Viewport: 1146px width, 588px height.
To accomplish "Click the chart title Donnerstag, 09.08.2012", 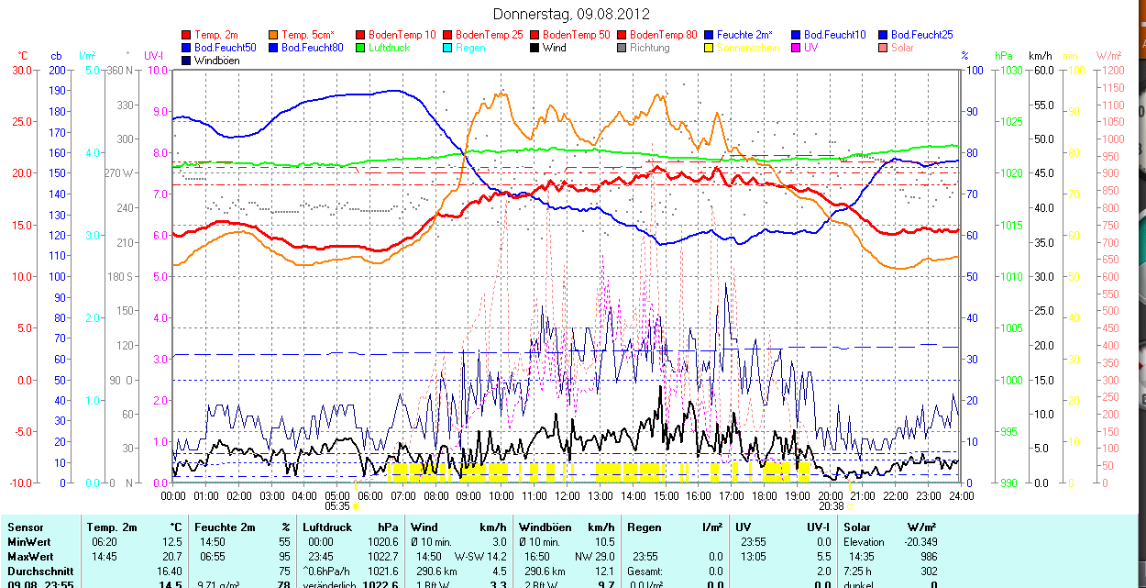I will pyautogui.click(x=571, y=14).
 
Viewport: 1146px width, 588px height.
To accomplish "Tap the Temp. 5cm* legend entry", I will pyautogui.click(x=307, y=35).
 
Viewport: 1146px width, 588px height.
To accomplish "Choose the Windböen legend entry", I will pyautogui.click(x=216, y=61).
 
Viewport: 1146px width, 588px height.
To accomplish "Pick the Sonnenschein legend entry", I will pyautogui.click(x=748, y=48).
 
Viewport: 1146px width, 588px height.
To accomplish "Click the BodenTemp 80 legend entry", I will pyautogui.click(x=663, y=35).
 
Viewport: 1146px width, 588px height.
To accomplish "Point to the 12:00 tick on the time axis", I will pyautogui.click(x=567, y=495).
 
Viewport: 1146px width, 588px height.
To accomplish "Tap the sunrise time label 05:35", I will pyautogui.click(x=337, y=505).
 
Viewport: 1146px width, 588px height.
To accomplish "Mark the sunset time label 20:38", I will pyautogui.click(x=831, y=505).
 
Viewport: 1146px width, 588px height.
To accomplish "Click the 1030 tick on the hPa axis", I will pyautogui.click(x=1011, y=70).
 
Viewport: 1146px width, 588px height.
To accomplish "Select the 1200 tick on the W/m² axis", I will pyautogui.click(x=1112, y=70).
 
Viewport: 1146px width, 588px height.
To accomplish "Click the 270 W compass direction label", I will pyautogui.click(x=119, y=173).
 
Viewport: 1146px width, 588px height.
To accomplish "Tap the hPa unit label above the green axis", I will pyautogui.click(x=1003, y=56).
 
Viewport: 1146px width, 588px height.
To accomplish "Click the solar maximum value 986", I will pyautogui.click(x=929, y=556).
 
